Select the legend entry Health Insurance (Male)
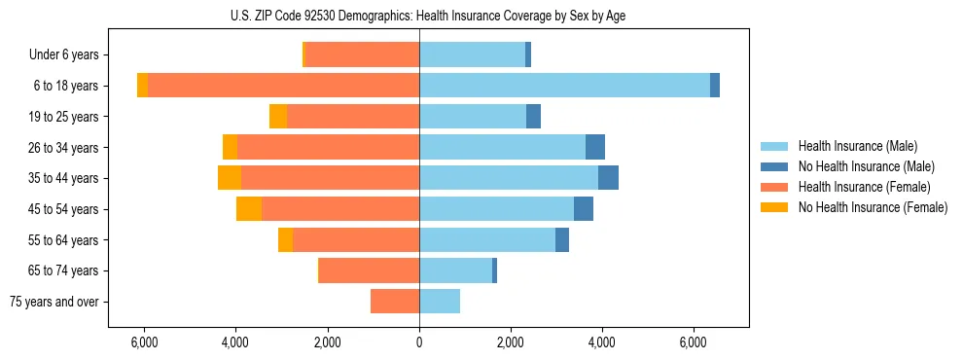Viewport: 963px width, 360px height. (857, 146)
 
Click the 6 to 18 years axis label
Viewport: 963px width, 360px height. (66, 86)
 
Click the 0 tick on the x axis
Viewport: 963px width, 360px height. (419, 342)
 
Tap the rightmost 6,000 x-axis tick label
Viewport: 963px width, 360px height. (694, 342)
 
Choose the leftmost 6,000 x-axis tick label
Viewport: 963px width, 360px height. (144, 342)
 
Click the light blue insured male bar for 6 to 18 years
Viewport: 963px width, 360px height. (564, 86)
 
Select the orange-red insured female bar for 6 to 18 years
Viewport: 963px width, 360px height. (283, 86)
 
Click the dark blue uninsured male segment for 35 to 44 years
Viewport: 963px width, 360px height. (608, 178)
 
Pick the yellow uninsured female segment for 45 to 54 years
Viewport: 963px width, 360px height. (249, 209)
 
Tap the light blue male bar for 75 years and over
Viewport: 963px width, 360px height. (440, 302)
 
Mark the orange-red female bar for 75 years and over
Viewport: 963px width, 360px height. (395, 302)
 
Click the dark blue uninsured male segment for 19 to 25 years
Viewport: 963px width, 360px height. (533, 117)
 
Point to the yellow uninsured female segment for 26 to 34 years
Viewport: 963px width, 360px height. (230, 147)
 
